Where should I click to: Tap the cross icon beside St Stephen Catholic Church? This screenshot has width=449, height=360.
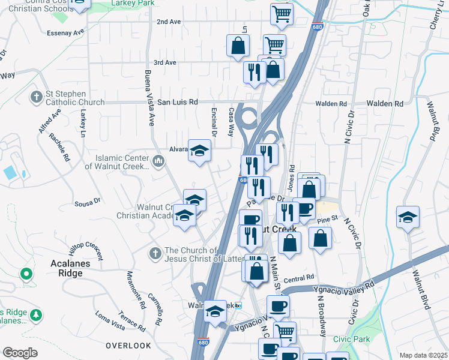[37, 97]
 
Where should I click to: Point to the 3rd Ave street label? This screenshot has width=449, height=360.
[164, 62]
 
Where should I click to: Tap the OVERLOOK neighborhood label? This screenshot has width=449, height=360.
[128, 346]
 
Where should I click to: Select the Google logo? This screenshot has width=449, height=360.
[20, 353]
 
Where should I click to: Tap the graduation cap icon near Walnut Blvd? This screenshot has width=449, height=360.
[408, 217]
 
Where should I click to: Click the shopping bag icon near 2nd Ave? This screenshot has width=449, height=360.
[238, 46]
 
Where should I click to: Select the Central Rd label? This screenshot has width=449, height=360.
[299, 278]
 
